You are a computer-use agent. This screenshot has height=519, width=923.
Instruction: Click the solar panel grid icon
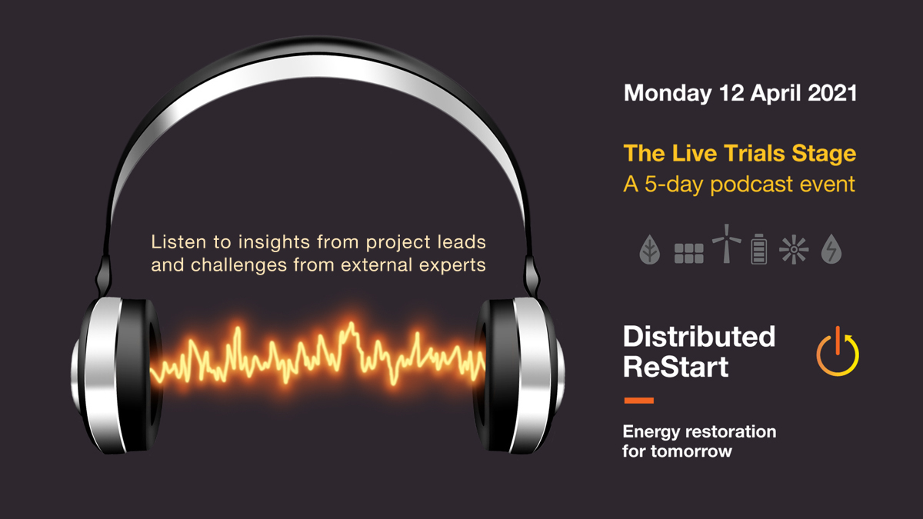click(688, 252)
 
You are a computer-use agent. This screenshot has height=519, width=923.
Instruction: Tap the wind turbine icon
click(726, 245)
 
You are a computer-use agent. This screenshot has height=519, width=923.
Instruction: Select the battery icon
click(759, 248)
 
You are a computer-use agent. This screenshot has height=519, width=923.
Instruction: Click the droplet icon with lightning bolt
click(831, 250)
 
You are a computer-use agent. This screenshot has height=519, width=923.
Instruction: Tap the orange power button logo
click(837, 352)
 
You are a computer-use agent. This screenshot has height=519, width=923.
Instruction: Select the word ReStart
click(675, 367)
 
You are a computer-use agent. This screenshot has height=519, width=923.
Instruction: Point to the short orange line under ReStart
click(638, 401)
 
